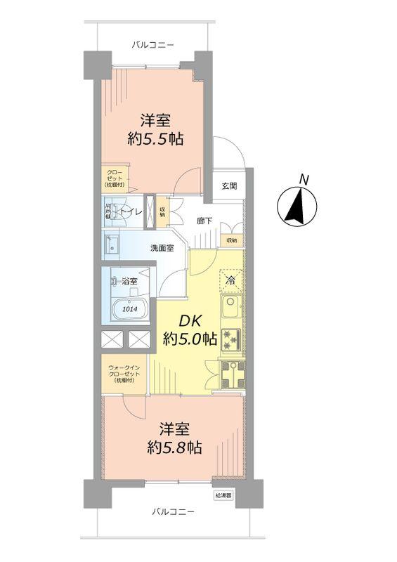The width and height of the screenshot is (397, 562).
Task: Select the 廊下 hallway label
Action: point(205,220)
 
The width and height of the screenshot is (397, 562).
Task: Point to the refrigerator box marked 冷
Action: point(231,281)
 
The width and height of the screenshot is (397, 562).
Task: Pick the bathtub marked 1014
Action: point(128,307)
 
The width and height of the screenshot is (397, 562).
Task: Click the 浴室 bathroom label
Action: point(129,282)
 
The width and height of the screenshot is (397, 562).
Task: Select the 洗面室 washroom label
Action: point(162,248)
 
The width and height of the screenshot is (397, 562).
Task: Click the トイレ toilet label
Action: point(131,211)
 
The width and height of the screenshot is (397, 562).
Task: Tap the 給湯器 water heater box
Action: point(222,495)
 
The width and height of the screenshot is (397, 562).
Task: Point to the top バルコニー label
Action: point(152,45)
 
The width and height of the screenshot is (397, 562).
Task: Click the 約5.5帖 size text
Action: point(155,138)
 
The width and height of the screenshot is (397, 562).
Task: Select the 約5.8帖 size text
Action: point(175,447)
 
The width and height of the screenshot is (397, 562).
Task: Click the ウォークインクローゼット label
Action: point(124,374)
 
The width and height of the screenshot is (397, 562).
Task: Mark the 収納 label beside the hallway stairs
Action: point(232,240)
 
